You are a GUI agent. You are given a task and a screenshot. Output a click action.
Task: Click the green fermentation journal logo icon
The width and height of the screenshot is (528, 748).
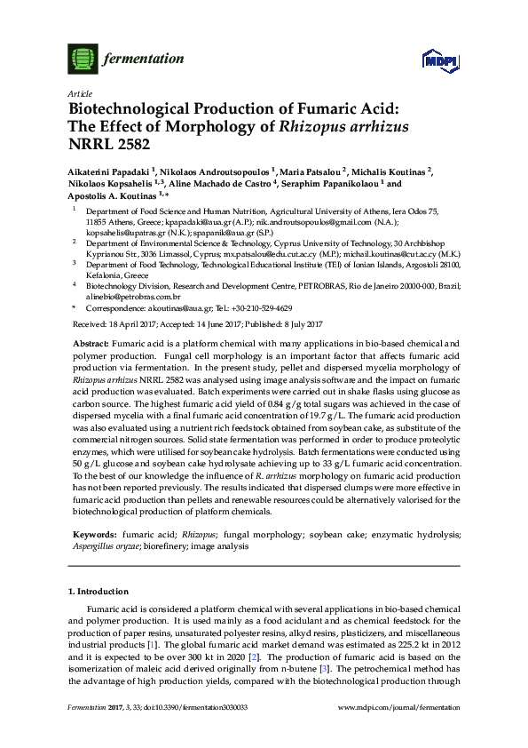(83, 60)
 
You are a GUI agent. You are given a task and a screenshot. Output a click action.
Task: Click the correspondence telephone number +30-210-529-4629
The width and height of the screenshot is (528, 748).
(268, 307)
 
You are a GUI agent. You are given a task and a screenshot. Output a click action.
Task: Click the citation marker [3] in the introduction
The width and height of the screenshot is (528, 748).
(351, 666)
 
